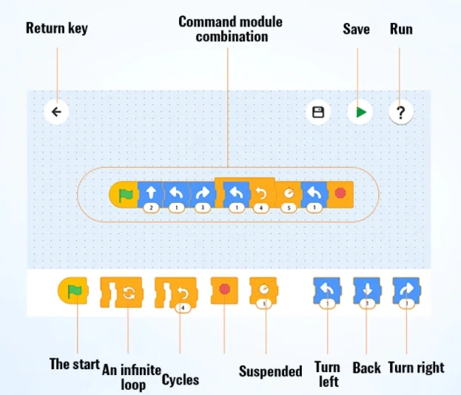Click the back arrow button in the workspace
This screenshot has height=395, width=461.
click(x=56, y=111)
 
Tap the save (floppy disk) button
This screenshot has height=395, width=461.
click(x=318, y=112)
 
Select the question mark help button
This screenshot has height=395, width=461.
click(x=401, y=112)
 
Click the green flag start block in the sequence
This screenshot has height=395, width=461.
click(x=124, y=195)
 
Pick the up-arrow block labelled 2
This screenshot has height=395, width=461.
click(x=151, y=195)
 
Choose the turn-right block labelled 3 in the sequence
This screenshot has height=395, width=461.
click(x=203, y=195)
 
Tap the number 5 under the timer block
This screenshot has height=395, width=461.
click(x=289, y=207)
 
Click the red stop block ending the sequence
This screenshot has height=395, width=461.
click(x=340, y=194)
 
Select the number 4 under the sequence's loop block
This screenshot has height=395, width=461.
click(x=260, y=208)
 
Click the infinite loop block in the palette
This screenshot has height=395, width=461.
click(x=121, y=292)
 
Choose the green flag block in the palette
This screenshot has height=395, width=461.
click(x=73, y=291)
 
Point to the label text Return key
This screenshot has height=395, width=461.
click(x=57, y=29)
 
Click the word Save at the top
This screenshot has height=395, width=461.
click(x=356, y=29)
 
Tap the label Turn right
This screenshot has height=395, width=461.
click(x=416, y=368)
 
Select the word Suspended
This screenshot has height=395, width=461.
click(x=271, y=371)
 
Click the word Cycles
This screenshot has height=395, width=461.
click(x=181, y=380)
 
